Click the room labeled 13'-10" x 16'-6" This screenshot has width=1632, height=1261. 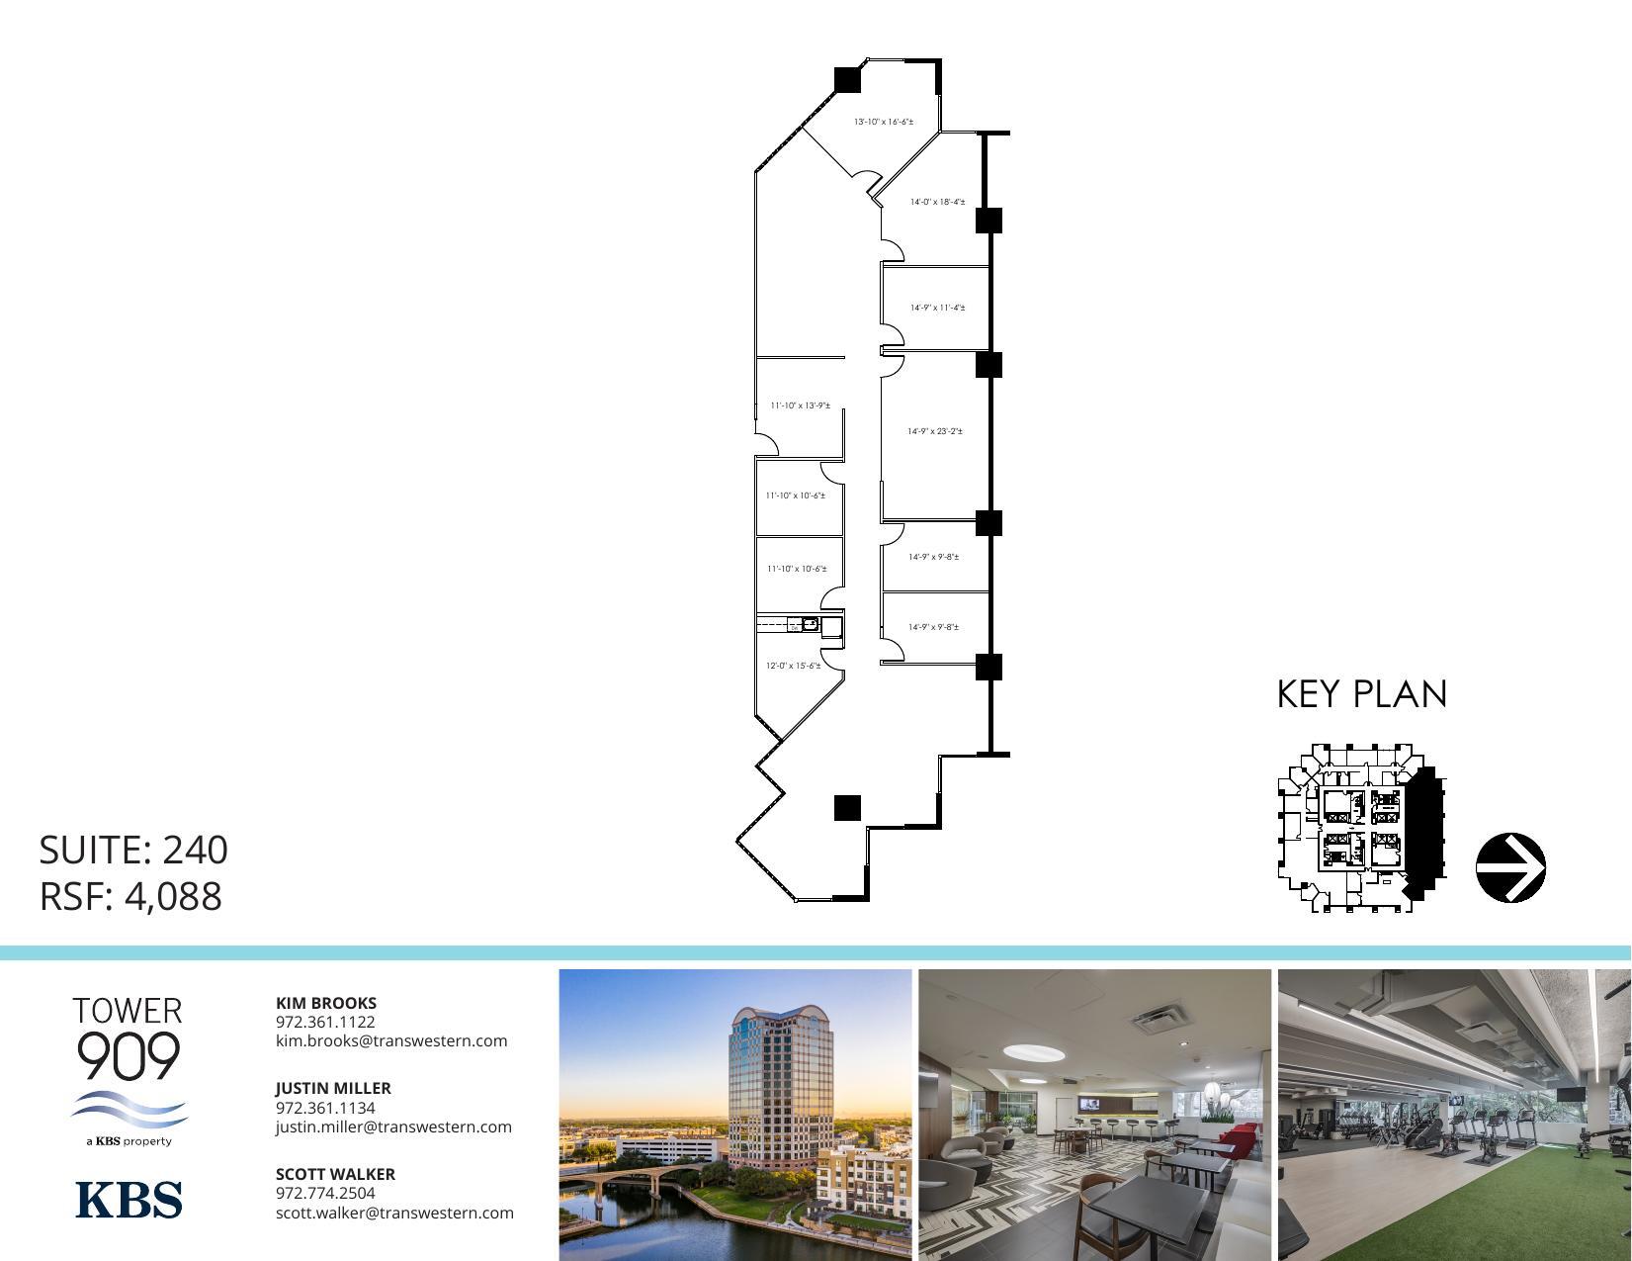(884, 122)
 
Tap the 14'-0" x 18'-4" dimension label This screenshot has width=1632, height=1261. (937, 202)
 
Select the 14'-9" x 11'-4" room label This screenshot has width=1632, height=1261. (937, 308)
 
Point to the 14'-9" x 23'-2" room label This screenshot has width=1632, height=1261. (935, 431)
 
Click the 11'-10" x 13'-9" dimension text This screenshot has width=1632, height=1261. (800, 405)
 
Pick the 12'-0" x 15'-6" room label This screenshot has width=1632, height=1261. (793, 666)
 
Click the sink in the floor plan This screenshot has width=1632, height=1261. (810, 624)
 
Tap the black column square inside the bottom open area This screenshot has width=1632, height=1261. (847, 807)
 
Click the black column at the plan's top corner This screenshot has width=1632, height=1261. (847, 79)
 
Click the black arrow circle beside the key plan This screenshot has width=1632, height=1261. (1510, 867)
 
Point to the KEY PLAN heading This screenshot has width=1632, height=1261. (1362, 694)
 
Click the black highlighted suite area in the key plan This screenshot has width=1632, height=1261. (1422, 831)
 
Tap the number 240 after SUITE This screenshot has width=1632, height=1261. (195, 850)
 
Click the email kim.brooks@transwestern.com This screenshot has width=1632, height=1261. (391, 1040)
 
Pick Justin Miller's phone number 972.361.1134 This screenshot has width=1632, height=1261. (325, 1108)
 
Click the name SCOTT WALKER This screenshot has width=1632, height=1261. (335, 1174)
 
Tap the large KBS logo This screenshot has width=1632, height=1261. (129, 1199)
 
